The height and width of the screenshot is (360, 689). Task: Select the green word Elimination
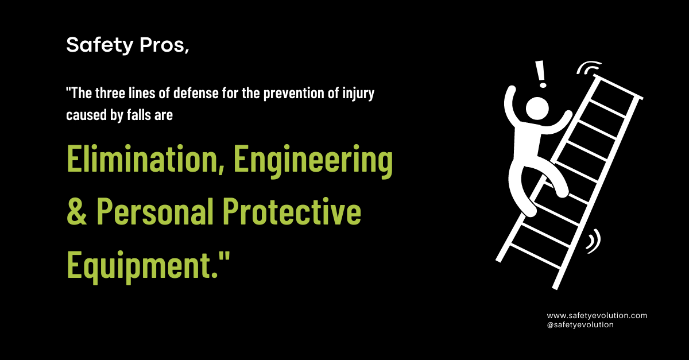point(136,160)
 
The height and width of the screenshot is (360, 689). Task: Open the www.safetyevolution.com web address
point(597,315)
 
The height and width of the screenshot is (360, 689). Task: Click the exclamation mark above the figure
point(540,73)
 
